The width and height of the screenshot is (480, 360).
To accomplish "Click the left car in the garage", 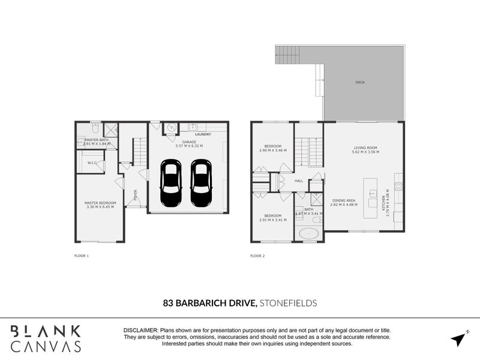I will pyautogui.click(x=170, y=184).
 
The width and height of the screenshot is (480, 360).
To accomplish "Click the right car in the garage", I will pyautogui.click(x=200, y=184).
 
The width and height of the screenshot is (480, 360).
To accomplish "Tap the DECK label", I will pyautogui.click(x=360, y=82).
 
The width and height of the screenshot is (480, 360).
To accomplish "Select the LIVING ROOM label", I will pyautogui.click(x=365, y=148).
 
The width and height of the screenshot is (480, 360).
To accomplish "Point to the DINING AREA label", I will pyautogui.click(x=344, y=200).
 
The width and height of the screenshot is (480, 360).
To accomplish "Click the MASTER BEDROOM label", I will pyautogui.click(x=100, y=203).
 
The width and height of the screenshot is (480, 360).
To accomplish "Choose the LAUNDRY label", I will pyautogui.click(x=203, y=134).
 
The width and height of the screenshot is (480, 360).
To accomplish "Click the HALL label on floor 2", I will pyautogui.click(x=298, y=181).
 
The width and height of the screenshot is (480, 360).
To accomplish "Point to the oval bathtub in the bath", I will pyautogui.click(x=310, y=233).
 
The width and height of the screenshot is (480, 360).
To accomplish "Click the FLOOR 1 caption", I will pyautogui.click(x=80, y=256).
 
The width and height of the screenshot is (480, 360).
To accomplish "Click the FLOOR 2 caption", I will pyautogui.click(x=257, y=256).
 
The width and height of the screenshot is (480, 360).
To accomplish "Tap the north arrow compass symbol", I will pyautogui.click(x=459, y=339).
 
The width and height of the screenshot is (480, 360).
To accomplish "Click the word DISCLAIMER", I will pyautogui.click(x=140, y=331).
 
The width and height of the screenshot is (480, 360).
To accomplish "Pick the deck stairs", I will pyautogui.click(x=287, y=55).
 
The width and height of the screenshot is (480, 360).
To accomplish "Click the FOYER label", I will pyautogui.click(x=136, y=194).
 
